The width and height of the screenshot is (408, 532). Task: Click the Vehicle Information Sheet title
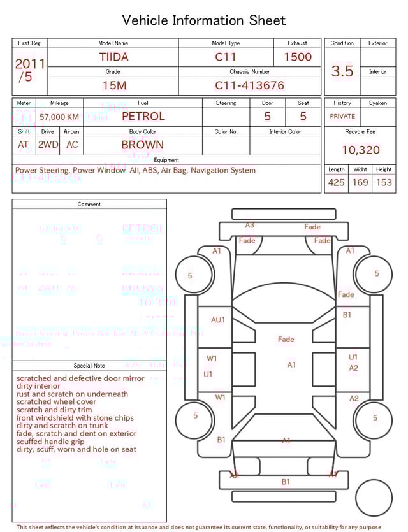203,20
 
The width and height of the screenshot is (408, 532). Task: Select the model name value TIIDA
113,57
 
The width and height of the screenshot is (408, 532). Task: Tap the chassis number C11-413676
249,85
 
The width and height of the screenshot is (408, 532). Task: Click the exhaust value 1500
297,57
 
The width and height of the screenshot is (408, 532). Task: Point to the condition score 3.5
342,71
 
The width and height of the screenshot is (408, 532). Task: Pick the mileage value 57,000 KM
59,117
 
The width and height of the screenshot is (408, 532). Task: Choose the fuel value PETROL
143,117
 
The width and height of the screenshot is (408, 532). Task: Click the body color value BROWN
142,145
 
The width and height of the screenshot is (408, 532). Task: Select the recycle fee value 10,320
360,150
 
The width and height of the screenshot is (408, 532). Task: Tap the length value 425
336,183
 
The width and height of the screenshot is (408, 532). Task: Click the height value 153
384,183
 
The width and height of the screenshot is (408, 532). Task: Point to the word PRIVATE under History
342,117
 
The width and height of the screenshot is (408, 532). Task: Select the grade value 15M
113,85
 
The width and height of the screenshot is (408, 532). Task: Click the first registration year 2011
30,64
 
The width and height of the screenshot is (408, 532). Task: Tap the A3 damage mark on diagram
250,225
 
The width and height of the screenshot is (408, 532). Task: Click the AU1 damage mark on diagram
218,320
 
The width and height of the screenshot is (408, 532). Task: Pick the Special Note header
89,366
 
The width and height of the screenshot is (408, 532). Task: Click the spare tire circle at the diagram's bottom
374,498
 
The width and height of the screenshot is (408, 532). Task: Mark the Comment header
89,205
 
